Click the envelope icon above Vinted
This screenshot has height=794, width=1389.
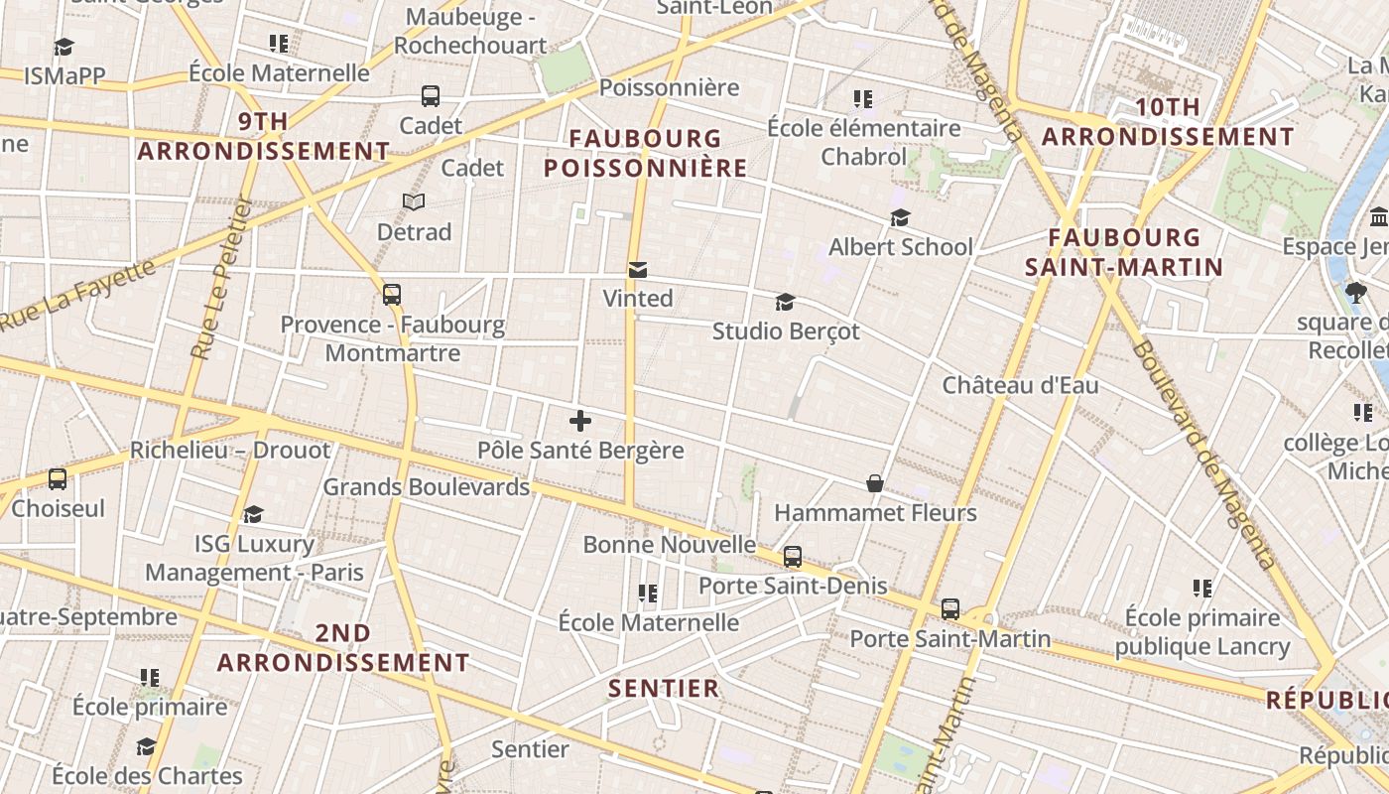(x=637, y=270)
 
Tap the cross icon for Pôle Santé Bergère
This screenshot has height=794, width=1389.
(x=580, y=421)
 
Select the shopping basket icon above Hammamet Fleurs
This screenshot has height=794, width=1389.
(x=875, y=483)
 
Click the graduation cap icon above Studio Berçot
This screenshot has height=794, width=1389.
(x=785, y=302)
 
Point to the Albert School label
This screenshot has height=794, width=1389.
(x=900, y=246)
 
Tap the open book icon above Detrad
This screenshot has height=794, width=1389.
(x=414, y=202)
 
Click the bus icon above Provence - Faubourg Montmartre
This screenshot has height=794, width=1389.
(x=392, y=295)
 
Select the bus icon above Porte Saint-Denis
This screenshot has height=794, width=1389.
(x=792, y=557)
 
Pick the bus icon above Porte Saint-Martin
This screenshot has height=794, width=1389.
(x=950, y=608)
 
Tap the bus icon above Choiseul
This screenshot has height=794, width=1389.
(x=58, y=479)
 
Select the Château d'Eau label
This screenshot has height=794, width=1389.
(x=1020, y=385)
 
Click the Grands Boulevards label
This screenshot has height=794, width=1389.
(x=427, y=487)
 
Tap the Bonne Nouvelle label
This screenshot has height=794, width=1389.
(x=670, y=544)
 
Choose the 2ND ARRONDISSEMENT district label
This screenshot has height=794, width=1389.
(x=343, y=647)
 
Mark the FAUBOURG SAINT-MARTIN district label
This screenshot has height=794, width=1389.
(x=1124, y=252)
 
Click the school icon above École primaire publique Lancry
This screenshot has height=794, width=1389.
(x=1202, y=589)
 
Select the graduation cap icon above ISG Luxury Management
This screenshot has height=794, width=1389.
(x=254, y=514)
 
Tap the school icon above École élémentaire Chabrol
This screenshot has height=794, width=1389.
(x=863, y=99)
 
